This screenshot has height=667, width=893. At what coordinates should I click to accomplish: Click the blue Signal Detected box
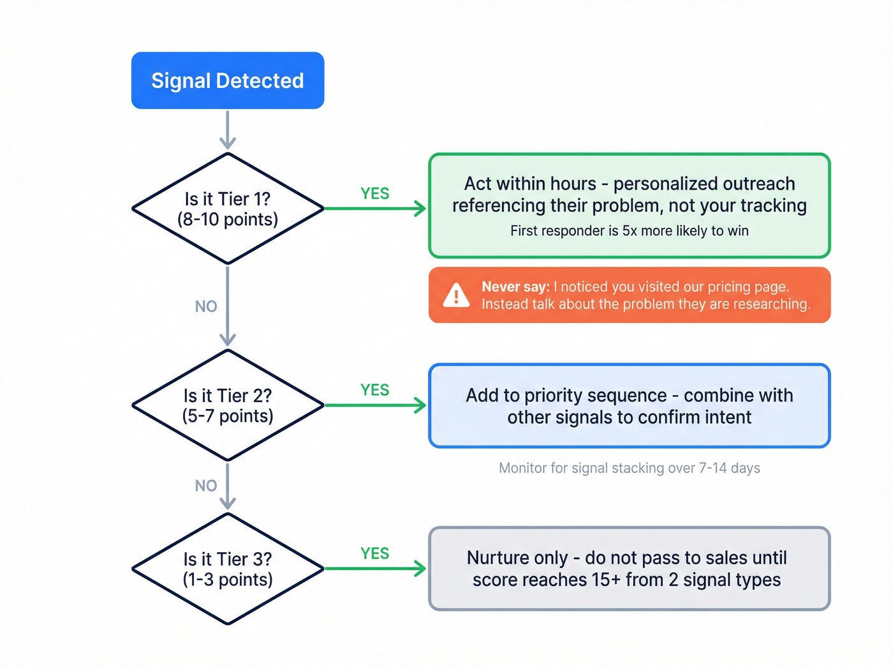(228, 80)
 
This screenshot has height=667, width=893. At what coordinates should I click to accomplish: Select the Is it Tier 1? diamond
(228, 209)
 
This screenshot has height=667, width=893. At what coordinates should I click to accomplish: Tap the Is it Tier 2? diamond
(228, 405)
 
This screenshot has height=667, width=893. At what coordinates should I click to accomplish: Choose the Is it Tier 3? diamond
(228, 569)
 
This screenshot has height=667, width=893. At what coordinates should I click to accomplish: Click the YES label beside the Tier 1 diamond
(374, 193)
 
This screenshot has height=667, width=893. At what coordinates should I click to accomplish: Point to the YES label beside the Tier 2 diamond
(374, 390)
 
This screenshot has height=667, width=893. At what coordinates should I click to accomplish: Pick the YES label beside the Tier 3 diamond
(374, 553)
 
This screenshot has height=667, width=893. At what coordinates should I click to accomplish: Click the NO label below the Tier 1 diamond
(206, 306)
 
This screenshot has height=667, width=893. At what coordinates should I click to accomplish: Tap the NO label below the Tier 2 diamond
(206, 486)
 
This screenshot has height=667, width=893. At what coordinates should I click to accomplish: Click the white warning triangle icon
(456, 296)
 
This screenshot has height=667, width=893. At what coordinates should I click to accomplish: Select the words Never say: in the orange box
(515, 287)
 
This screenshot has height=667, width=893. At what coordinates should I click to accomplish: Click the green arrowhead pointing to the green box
(420, 209)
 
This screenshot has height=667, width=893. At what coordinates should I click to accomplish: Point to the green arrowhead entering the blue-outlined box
(420, 405)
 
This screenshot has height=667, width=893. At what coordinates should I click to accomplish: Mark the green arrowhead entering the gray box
(420, 569)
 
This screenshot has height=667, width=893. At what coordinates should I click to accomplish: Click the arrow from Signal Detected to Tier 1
(228, 130)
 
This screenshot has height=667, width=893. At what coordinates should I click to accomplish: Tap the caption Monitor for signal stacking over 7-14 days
(629, 468)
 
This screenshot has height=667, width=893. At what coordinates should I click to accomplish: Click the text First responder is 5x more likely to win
(629, 230)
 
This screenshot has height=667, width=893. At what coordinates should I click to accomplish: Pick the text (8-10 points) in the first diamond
(228, 220)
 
